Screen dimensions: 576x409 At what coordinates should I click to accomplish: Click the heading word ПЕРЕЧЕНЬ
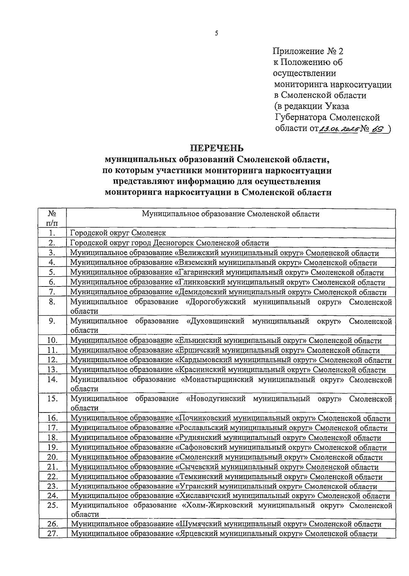pyautogui.click(x=217, y=149)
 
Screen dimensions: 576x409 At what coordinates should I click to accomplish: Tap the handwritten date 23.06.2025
pyautogui.click(x=337, y=128)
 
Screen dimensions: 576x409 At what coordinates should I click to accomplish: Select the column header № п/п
pyautogui.click(x=52, y=218)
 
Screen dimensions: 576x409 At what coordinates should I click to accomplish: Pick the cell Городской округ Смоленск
pyautogui.click(x=118, y=233)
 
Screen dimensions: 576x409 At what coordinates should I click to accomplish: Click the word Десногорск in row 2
pyautogui.click(x=174, y=243)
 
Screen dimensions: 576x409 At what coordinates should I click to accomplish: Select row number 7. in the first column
pyautogui.click(x=52, y=292)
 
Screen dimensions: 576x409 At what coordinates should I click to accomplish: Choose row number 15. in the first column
pyautogui.click(x=52, y=399)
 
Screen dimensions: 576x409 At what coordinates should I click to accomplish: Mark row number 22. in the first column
pyautogui.click(x=52, y=477)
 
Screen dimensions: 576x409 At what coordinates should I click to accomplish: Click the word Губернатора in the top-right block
pyautogui.click(x=301, y=118)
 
